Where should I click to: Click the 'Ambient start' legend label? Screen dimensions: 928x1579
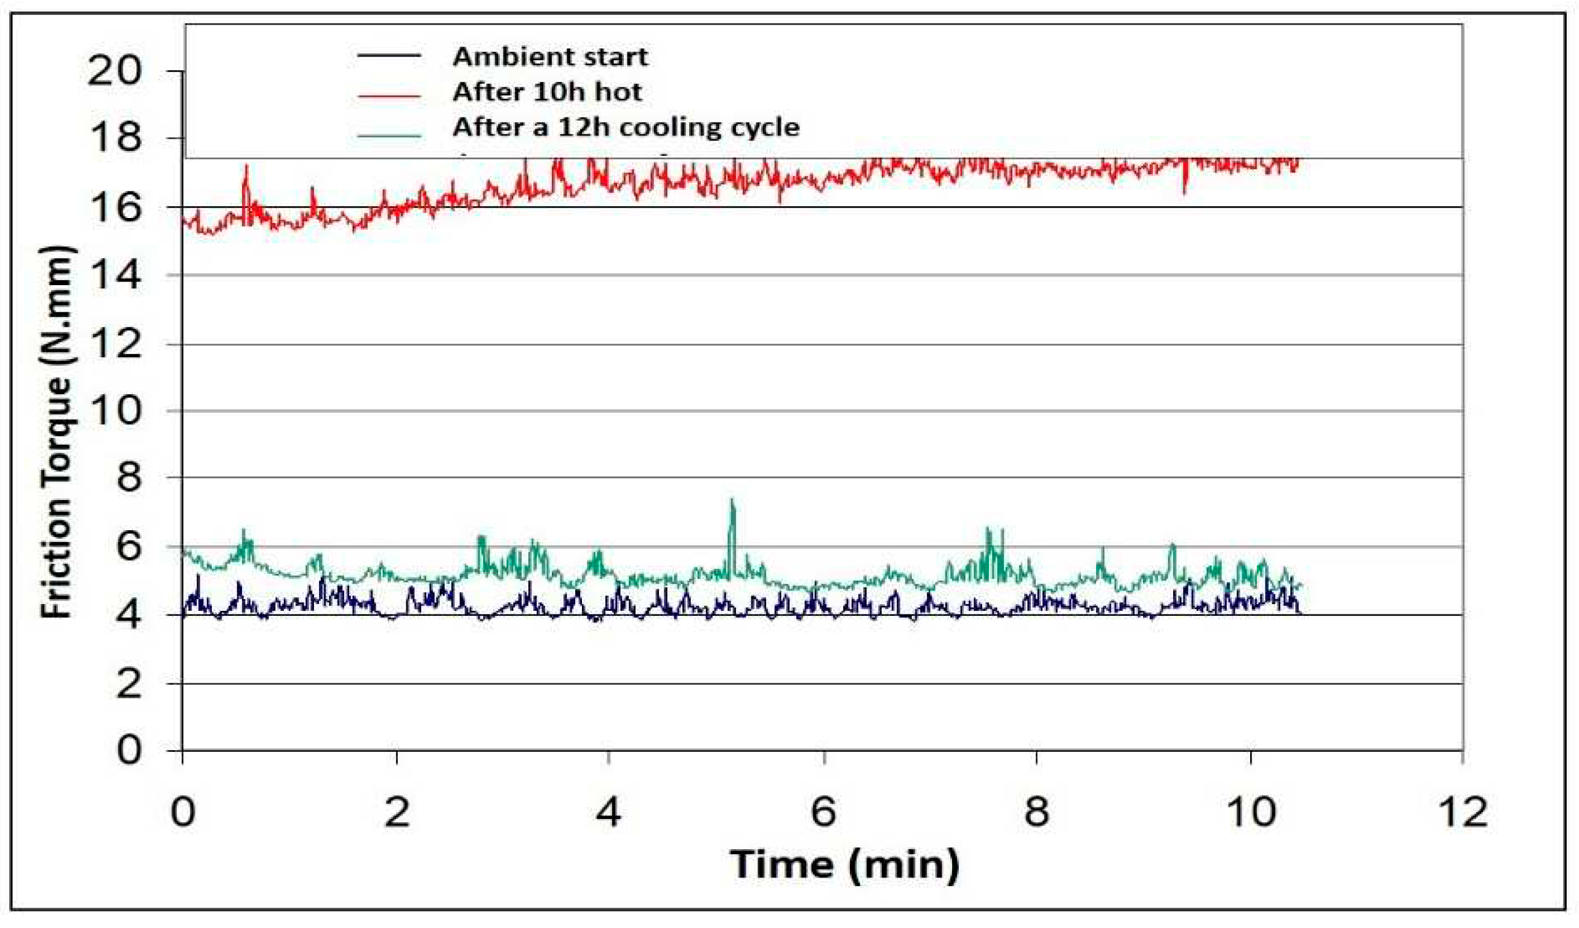coord(549,57)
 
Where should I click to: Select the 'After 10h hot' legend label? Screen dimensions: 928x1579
coord(546,92)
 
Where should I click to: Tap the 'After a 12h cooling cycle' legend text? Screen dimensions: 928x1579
coord(625,127)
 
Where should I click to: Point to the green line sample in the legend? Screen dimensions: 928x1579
coord(389,134)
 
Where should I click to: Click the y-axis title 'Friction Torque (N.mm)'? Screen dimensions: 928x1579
coord(58,432)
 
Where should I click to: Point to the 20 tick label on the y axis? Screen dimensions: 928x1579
coord(115,70)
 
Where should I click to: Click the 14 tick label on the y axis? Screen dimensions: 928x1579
coord(115,275)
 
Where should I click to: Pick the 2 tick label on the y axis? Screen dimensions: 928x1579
coord(128,684)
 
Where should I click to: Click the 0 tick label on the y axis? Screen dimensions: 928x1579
coord(128,750)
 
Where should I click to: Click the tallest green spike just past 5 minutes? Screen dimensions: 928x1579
coord(731,501)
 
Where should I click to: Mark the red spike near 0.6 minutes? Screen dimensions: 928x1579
coord(246,168)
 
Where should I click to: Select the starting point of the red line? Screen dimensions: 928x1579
coord(183,219)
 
